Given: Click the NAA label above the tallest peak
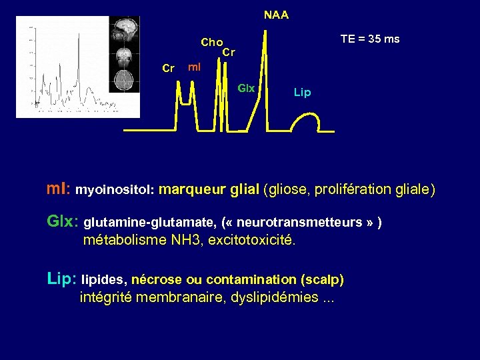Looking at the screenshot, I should (x=276, y=15).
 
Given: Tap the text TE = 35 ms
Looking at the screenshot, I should (x=370, y=39).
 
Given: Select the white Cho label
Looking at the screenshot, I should (x=212, y=43).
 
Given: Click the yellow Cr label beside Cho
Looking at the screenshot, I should (x=229, y=51).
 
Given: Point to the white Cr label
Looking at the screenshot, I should (x=169, y=68).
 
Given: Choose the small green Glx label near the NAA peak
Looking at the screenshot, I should (x=246, y=88).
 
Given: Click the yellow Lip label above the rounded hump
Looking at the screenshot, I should (x=302, y=93).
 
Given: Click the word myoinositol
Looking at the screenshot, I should (x=115, y=190).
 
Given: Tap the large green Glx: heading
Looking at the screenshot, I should (x=63, y=221).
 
